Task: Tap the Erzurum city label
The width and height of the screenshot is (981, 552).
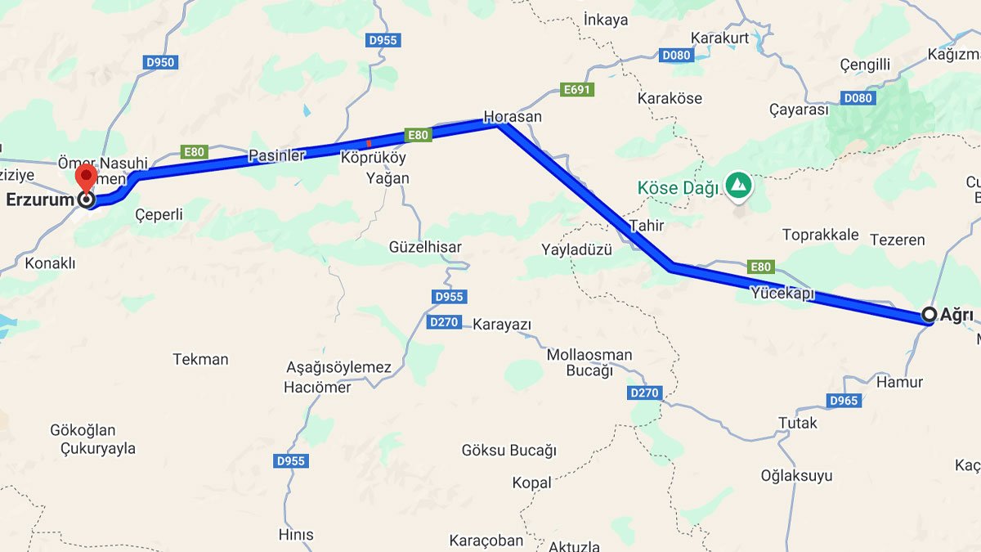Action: (39, 200)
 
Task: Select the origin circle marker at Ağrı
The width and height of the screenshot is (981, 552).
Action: (929, 314)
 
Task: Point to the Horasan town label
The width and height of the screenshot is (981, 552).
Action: (513, 117)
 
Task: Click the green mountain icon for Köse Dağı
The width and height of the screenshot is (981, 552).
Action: (739, 185)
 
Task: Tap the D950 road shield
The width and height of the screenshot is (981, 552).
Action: (160, 62)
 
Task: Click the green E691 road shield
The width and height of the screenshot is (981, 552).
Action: (576, 90)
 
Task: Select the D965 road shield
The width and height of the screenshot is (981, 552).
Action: (844, 401)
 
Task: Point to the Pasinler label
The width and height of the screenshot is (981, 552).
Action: (276, 155)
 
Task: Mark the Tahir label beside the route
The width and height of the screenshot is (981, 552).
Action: (647, 225)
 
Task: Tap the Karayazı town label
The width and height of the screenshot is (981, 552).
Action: (502, 325)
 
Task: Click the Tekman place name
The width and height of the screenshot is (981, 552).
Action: (200, 359)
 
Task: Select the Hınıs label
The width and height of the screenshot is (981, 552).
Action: (296, 535)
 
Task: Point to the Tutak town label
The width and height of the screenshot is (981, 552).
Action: (797, 423)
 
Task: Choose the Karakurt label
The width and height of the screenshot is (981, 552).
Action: (720, 38)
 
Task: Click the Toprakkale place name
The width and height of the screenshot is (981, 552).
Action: (820, 236)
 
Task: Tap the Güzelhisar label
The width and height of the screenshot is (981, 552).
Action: (425, 247)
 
